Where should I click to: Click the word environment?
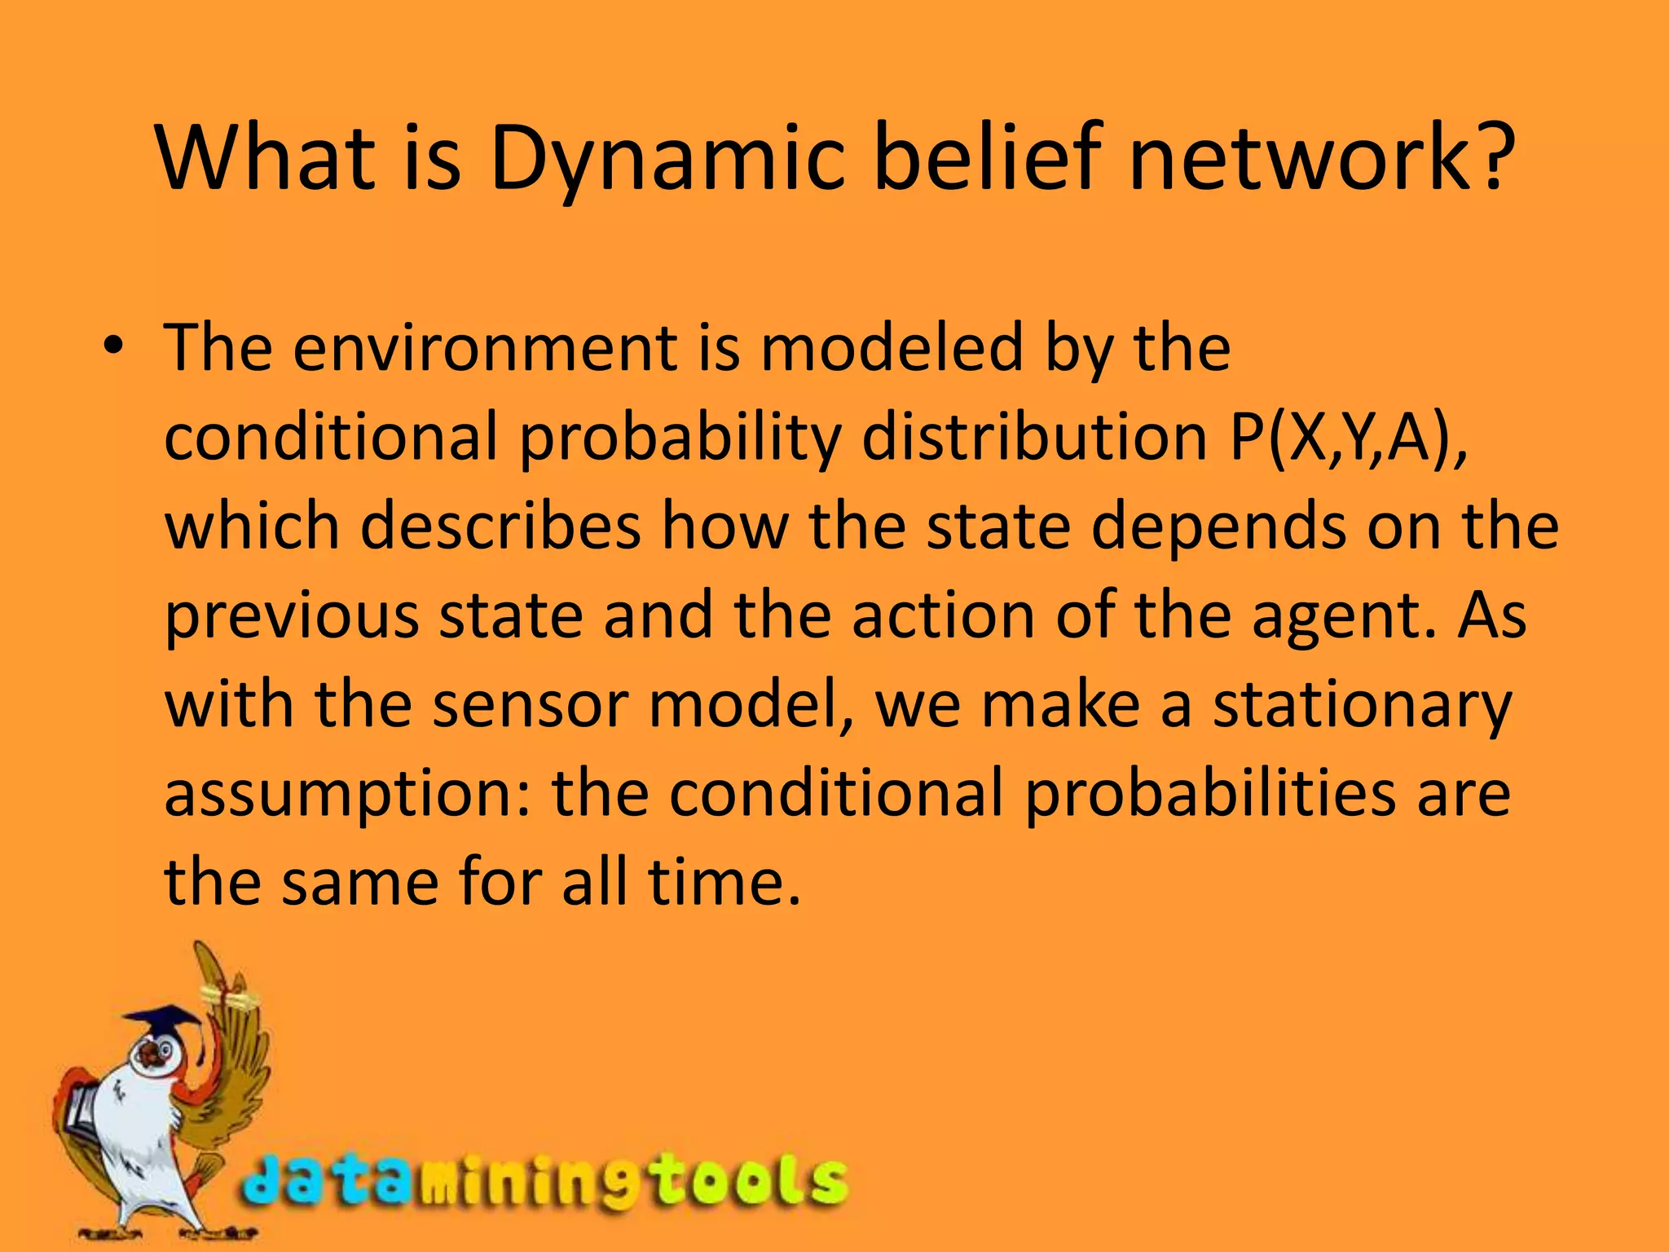(x=484, y=349)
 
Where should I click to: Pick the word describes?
(x=500, y=527)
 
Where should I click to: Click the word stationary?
(x=1361, y=706)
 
